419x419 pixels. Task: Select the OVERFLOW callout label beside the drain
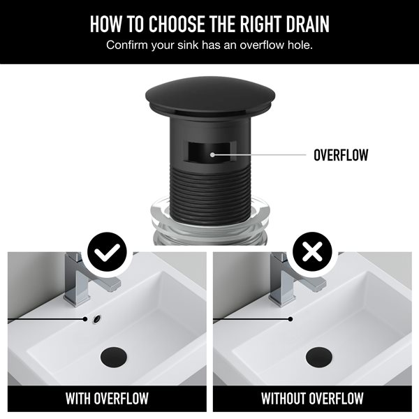point(341,154)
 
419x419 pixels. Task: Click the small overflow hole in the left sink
point(96,319)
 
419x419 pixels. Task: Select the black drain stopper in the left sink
point(114,353)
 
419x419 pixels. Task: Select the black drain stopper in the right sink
point(318,353)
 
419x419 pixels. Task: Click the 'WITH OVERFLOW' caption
point(107,399)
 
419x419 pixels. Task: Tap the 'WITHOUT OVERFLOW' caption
point(312,399)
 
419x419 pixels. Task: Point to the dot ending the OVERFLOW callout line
point(212,154)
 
